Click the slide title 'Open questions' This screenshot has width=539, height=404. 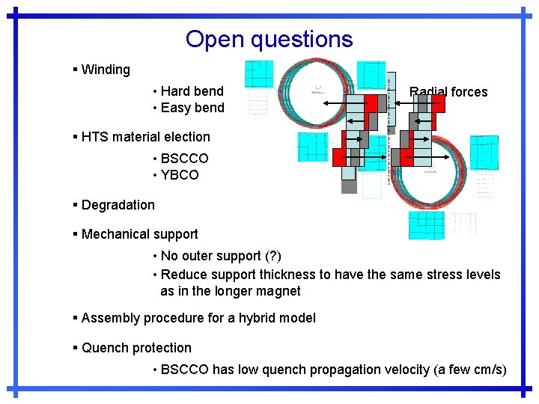269,39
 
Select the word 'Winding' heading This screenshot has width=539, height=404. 105,70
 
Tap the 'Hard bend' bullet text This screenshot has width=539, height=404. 192,91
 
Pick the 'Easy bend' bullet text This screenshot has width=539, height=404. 192,108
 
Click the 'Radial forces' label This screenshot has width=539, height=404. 448,92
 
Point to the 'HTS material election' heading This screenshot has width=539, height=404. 145,137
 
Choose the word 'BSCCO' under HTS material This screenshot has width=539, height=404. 184,159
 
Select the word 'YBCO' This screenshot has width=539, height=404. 180,175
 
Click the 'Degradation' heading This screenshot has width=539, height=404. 118,205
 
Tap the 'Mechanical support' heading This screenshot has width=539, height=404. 139,234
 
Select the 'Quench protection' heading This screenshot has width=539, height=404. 136,348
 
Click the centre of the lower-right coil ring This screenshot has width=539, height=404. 430,173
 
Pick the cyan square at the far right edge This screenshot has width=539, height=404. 484,152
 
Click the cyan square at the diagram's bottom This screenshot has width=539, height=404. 426,224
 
